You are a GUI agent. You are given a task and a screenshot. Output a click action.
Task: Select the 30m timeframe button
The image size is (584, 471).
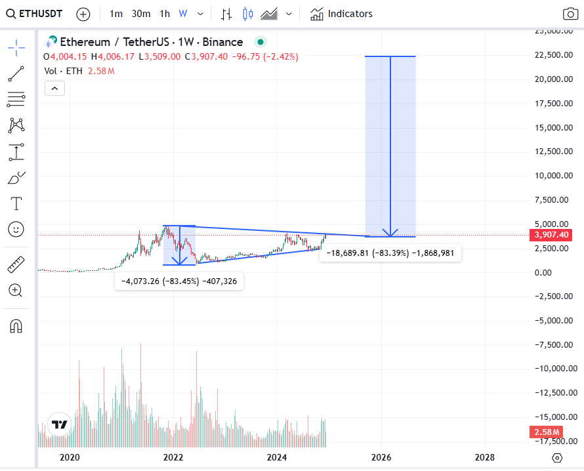(x=140, y=14)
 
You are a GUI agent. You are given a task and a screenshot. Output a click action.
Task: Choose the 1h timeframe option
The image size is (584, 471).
(x=165, y=14)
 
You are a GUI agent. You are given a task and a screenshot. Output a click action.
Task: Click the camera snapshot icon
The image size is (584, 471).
(x=570, y=14)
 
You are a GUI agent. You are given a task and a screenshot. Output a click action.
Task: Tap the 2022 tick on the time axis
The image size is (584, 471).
(x=173, y=457)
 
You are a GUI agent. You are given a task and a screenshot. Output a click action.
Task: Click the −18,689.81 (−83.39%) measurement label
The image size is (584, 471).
(x=390, y=253)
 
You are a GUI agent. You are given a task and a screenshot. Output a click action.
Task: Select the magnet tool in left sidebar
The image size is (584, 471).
(x=16, y=326)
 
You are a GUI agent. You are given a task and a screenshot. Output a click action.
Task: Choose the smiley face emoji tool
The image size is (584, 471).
(x=16, y=229)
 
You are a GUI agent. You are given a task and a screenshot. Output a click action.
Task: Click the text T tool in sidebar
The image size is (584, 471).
(x=16, y=203)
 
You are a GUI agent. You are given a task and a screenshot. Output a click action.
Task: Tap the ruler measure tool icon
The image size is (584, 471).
(x=16, y=264)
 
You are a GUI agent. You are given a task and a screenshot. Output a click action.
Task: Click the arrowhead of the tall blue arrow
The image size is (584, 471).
(x=390, y=233)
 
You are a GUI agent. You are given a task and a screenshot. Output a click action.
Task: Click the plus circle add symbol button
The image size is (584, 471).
(x=83, y=14)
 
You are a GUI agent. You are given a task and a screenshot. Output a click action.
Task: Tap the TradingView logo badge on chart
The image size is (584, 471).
(x=59, y=424)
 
